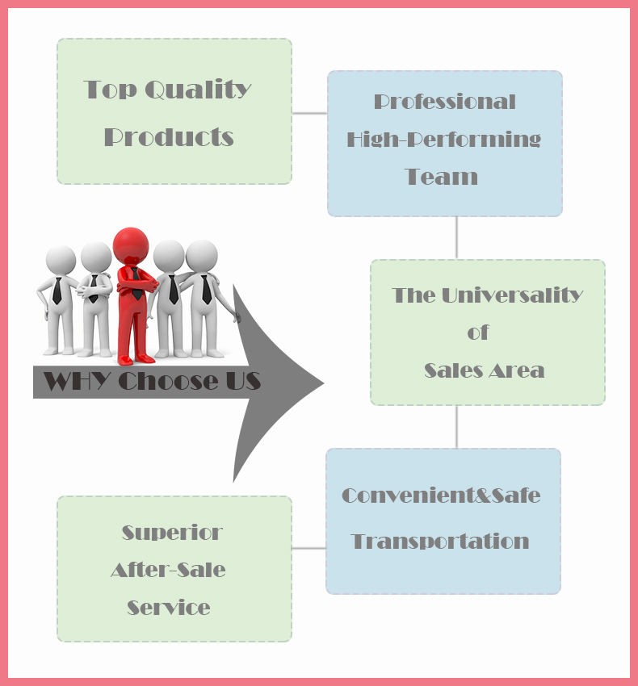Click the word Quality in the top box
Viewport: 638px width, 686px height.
pos(199,90)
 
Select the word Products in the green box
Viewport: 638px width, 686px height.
pos(169,137)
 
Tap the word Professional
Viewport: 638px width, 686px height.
pos(444,102)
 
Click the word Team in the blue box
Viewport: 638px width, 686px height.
pos(442,177)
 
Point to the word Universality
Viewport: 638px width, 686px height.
pos(512,295)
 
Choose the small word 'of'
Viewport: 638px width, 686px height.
pos(478,333)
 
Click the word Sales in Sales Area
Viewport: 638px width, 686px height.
pos(453,370)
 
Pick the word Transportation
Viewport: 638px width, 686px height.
pos(440,542)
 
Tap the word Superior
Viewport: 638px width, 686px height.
pos(172,533)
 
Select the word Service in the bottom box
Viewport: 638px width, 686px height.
pos(169,608)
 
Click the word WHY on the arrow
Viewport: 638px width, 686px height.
pos(77,380)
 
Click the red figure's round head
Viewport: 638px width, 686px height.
pos(131,245)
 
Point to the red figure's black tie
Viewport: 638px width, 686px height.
pos(136,283)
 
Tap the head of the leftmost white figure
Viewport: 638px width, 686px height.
pos(61,261)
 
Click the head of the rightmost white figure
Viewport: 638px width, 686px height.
pos(201,255)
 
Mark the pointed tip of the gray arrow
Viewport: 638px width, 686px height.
pos(323,383)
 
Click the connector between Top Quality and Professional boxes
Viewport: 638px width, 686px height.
pos(309,113)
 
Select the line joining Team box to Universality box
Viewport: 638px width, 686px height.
pos(457,238)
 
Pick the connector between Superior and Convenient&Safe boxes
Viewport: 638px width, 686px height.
pos(309,548)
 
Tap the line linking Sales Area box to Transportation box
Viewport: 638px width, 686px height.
pos(457,427)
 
